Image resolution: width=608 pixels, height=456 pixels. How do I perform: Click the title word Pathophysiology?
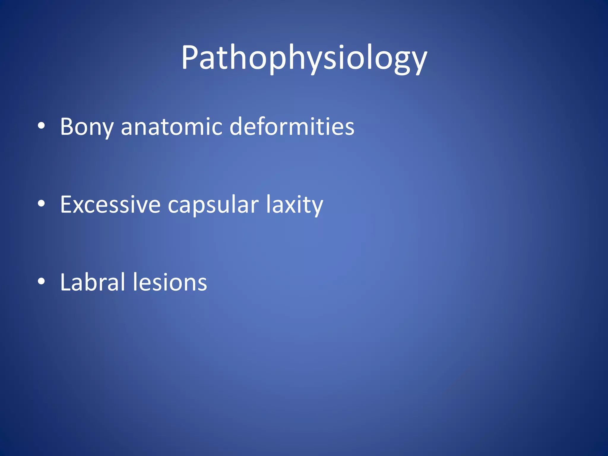pos(304,58)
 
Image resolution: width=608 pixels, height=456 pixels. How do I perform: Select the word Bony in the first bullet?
pos(87,127)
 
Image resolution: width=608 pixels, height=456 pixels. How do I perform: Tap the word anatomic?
pos(172,127)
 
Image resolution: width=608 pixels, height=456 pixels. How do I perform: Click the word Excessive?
pos(110,205)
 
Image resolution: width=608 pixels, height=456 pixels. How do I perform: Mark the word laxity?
pos(294,205)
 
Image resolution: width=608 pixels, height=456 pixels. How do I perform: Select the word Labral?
pos(93,282)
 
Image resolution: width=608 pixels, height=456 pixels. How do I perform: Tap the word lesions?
pos(170,282)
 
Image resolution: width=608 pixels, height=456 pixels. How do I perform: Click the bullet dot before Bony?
pos(41,126)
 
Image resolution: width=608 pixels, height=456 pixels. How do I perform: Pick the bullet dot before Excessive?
pos(41,204)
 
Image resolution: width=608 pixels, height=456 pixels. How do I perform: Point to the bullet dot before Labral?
pos(41,281)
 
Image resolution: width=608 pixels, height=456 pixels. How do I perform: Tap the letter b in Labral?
pos(94,282)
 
